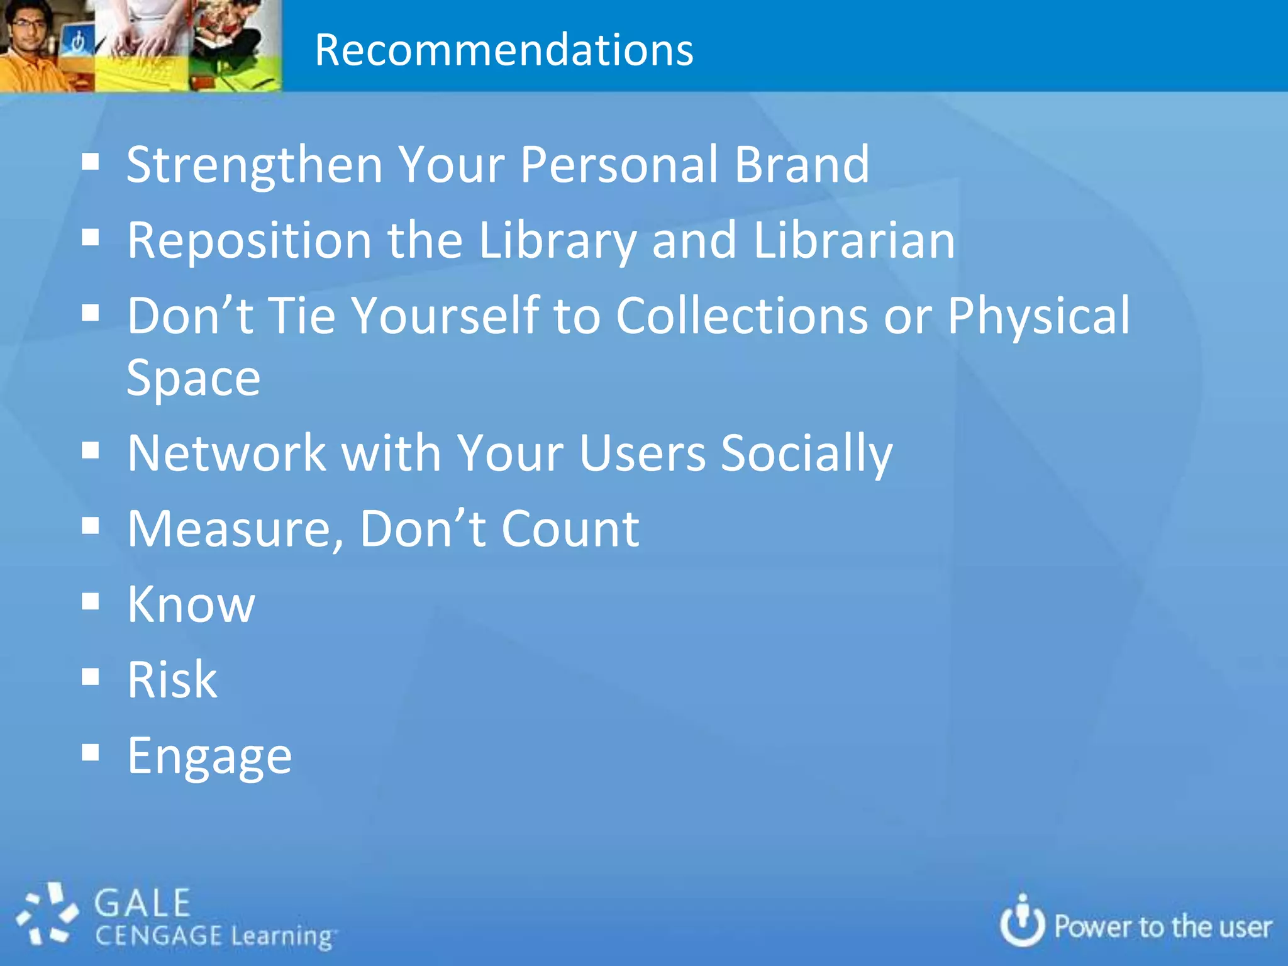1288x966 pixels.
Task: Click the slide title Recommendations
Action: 504,50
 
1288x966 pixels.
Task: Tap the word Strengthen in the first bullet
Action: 254,165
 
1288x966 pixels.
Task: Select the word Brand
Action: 802,164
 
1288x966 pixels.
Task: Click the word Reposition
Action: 250,241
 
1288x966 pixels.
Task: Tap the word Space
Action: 193,378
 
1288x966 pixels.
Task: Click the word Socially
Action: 806,455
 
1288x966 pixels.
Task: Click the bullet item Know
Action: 191,604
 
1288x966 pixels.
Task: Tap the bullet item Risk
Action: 172,680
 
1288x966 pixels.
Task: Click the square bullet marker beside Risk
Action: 91,677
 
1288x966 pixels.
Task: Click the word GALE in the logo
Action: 142,904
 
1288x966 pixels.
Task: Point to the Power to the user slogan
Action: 1162,927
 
